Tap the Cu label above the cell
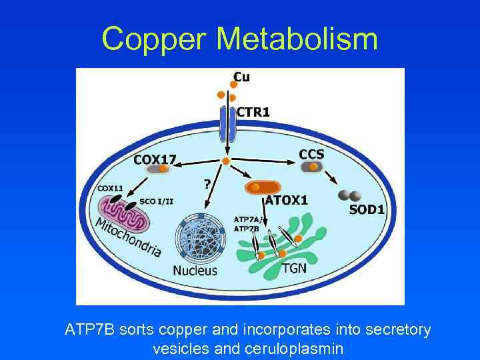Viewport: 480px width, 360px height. [x=241, y=77]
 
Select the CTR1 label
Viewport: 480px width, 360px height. [x=253, y=113]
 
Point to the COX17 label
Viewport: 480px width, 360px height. [x=155, y=159]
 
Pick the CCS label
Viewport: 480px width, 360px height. [x=311, y=154]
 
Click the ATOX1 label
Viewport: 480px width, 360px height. [x=287, y=200]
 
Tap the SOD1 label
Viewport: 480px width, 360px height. [x=367, y=209]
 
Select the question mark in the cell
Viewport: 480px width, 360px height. [x=207, y=183]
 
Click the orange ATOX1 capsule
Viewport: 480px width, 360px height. [x=263, y=187]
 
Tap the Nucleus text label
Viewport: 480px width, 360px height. [x=195, y=270]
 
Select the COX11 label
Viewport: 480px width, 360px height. [x=111, y=189]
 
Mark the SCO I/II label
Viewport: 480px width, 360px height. [x=157, y=201]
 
